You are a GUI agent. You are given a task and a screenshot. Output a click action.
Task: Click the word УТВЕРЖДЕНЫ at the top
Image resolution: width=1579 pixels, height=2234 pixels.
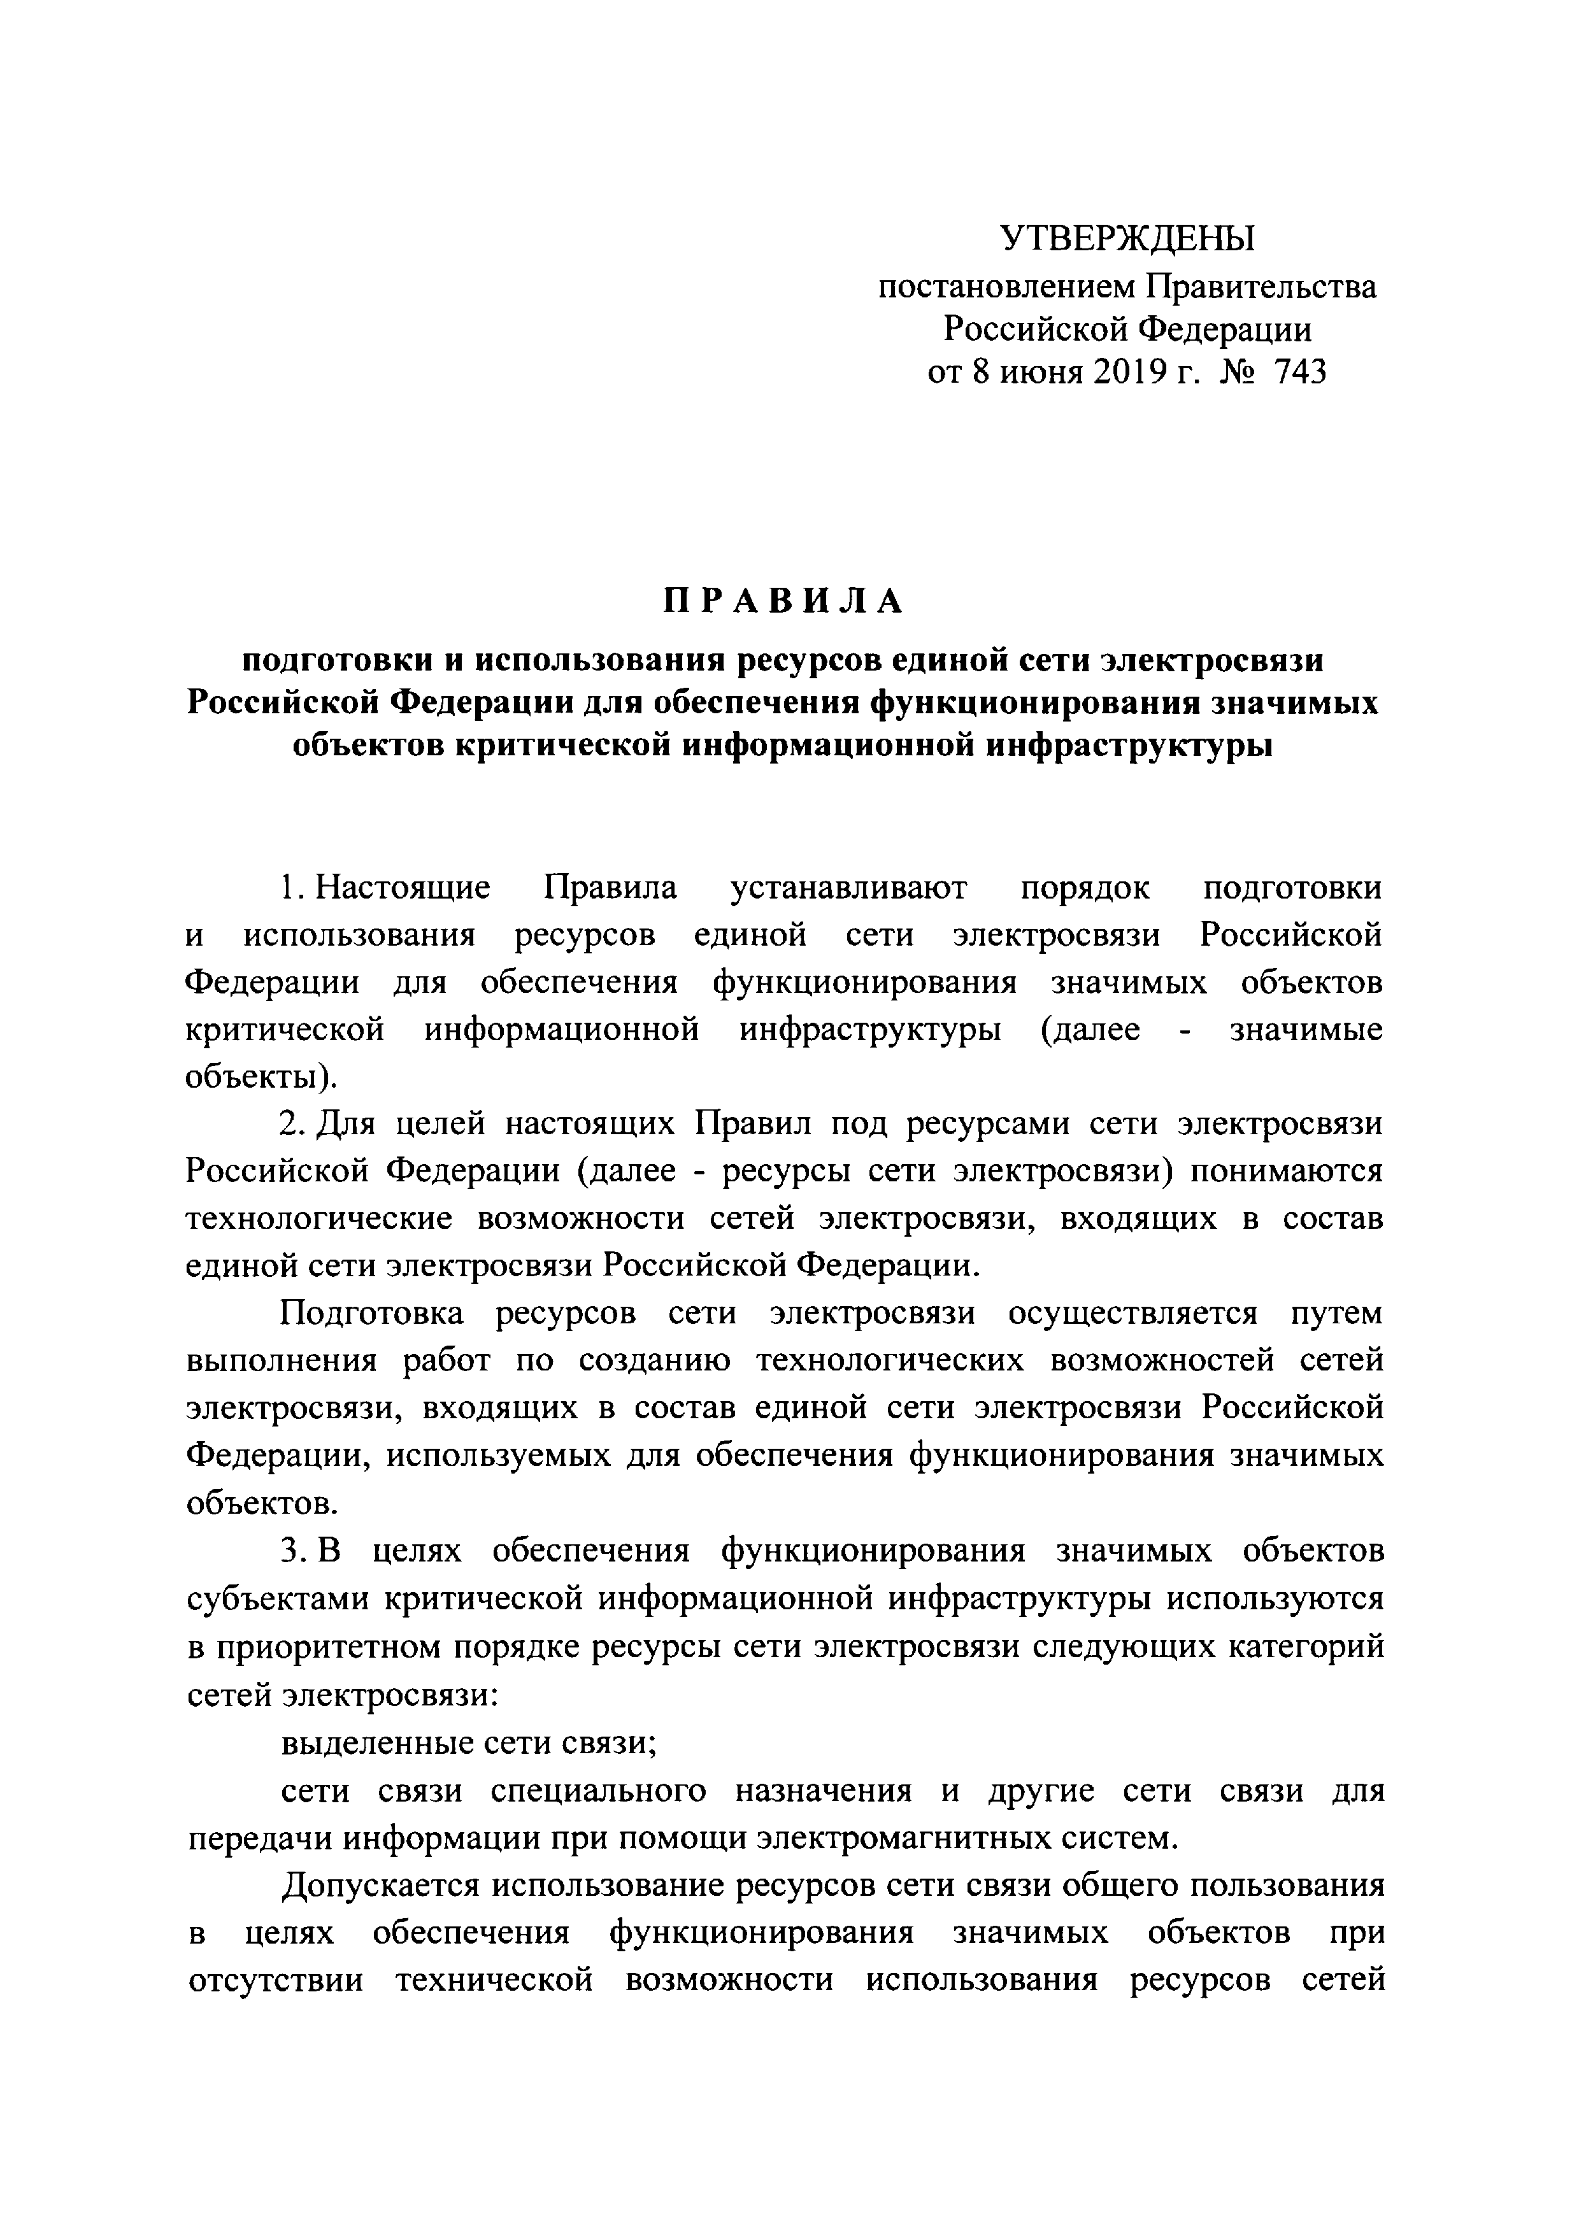(x=1127, y=238)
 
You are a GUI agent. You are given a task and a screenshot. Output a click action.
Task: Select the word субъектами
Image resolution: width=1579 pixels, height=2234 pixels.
(x=277, y=1598)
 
